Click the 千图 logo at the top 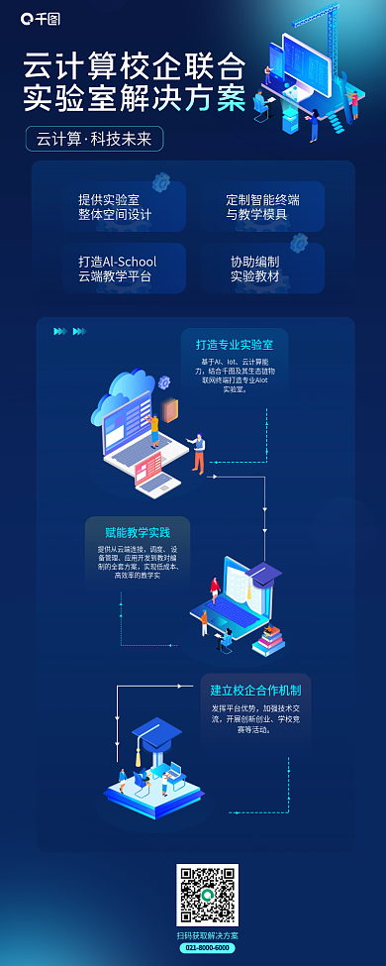(x=41, y=18)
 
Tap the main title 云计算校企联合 (x=135, y=68)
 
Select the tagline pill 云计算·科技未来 (x=94, y=140)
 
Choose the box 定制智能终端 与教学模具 (x=262, y=207)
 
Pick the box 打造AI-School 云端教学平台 (x=117, y=268)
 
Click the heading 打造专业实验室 (x=235, y=345)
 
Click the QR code (x=207, y=894)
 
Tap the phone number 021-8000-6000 (x=207, y=947)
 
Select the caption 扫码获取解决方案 (x=207, y=934)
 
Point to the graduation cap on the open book (x=263, y=572)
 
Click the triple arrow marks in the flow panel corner (x=69, y=331)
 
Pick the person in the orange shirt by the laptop (x=199, y=451)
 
